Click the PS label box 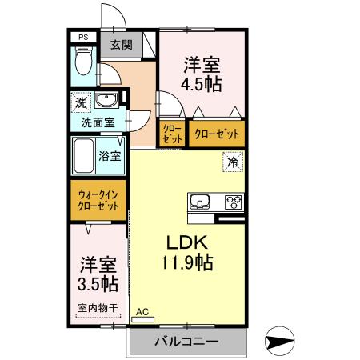83,37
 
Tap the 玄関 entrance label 122,46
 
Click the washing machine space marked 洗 80,102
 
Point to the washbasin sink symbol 106,101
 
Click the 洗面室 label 98,123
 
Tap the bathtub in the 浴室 84,155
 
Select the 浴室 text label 110,155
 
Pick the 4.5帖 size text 200,82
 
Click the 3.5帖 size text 98,284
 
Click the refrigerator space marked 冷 233,162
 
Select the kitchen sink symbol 200,200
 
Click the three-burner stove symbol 234,201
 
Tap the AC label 143,312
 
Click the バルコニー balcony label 186,342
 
